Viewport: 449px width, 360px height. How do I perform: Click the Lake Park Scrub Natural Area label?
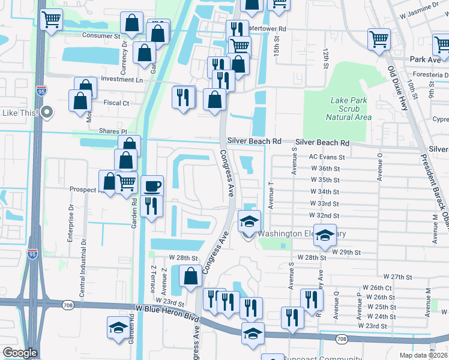coord(351,109)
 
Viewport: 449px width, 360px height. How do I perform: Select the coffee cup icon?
coord(152,185)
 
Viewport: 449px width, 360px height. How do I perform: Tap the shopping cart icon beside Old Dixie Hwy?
coord(379,40)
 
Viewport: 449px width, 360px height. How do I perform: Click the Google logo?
coord(19,353)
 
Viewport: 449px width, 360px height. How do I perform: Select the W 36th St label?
coord(325,169)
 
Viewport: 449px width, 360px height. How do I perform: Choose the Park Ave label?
coord(426,59)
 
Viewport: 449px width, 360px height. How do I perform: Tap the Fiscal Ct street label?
coord(116,103)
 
